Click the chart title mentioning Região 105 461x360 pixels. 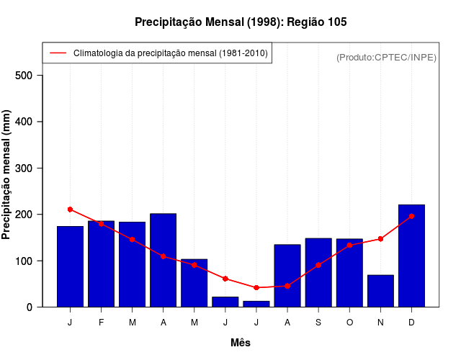241,22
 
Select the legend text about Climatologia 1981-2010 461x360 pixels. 171,53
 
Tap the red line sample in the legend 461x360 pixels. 58,53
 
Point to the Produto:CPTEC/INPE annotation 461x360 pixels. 386,57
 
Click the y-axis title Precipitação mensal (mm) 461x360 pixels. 7,174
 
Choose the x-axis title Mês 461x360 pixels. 241,343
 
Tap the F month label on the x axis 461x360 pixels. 102,323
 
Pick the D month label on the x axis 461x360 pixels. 411,323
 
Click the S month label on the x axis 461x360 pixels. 318,323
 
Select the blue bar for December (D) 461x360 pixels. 411,256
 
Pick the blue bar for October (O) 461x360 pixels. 349,273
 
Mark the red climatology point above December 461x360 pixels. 411,216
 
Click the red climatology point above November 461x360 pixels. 380,239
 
